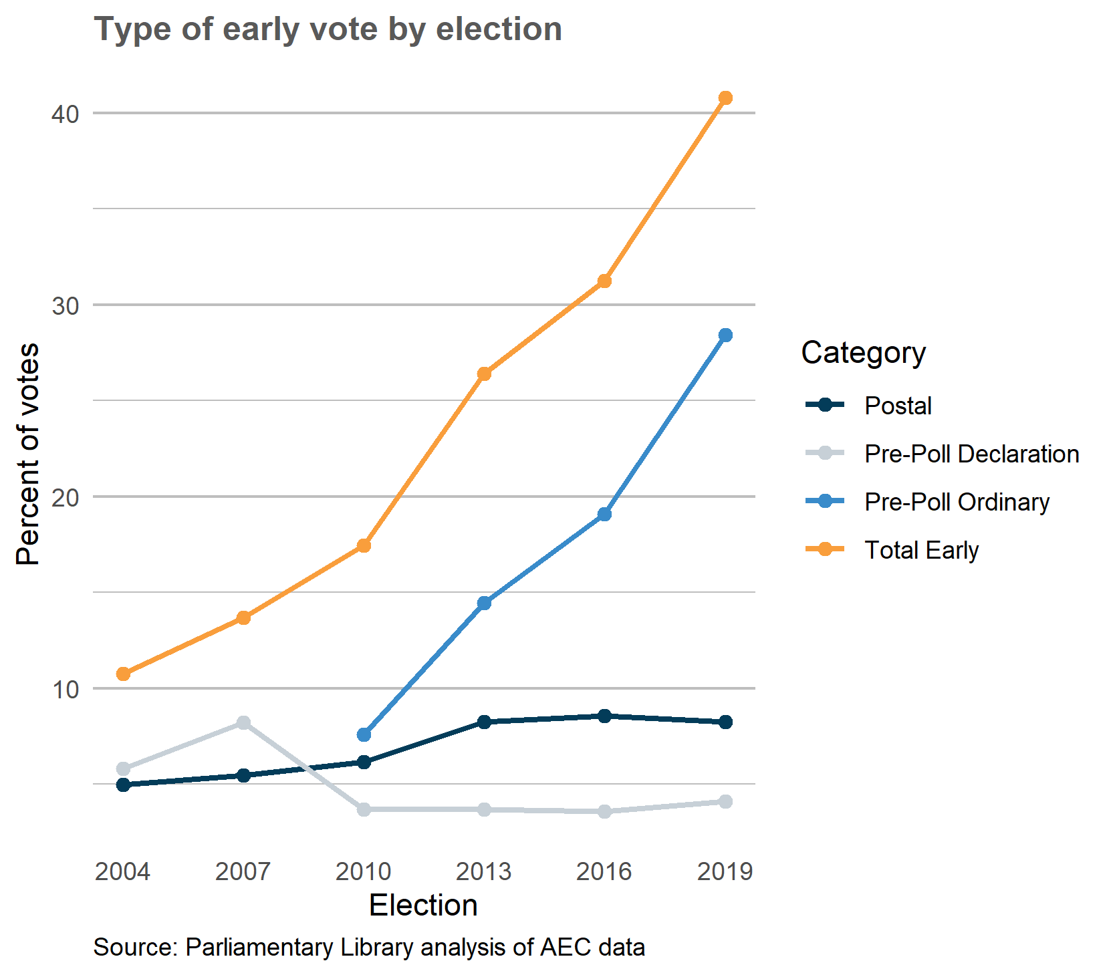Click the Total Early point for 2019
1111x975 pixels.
coord(725,98)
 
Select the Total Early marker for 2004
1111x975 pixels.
coord(123,674)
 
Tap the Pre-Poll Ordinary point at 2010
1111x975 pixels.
coord(364,734)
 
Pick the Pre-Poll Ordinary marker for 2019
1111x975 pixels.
coord(725,335)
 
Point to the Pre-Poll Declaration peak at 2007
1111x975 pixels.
coord(243,722)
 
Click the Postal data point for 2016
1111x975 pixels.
coord(604,716)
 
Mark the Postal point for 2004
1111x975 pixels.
coord(123,785)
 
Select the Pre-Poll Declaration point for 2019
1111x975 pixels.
coord(725,801)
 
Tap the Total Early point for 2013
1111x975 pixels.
coord(484,374)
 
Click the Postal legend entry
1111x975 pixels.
coord(897,406)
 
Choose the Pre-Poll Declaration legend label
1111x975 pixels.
coord(971,454)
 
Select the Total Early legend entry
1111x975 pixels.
coord(920,550)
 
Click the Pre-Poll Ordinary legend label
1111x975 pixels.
coord(957,502)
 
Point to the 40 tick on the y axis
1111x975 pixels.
coord(65,114)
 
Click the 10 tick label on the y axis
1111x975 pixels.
coord(65,689)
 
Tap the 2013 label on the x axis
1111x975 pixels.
coord(483,871)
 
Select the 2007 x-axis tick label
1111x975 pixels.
coord(243,871)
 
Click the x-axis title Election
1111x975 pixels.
coord(423,906)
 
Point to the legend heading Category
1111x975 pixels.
coord(863,352)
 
